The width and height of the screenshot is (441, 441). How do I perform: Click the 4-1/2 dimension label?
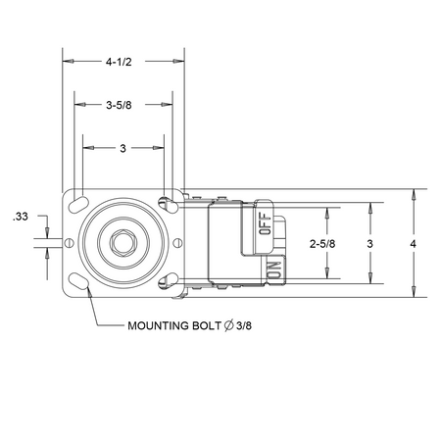coord(119,62)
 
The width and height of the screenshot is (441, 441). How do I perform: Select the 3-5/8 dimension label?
coord(119,105)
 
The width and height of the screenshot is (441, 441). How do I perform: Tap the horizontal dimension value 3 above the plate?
coord(122,148)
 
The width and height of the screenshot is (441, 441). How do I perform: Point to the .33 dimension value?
coord(21,217)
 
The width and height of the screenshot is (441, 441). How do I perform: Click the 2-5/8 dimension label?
coord(322,244)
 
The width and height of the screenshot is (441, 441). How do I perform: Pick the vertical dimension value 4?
coord(414,244)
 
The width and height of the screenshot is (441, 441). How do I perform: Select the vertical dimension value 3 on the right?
coord(369,244)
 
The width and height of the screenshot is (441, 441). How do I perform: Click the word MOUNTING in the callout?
coord(158,325)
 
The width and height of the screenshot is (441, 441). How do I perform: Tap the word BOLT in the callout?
coord(207,325)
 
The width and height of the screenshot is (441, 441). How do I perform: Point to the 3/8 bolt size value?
coord(244,325)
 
